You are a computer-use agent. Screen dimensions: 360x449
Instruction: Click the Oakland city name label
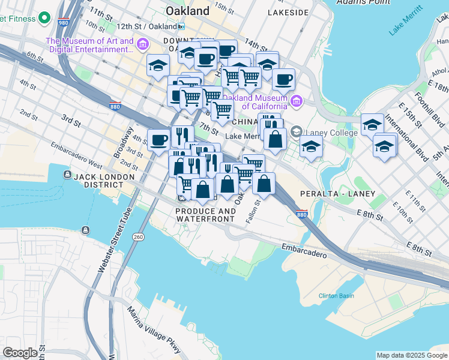pyautogui.click(x=187, y=11)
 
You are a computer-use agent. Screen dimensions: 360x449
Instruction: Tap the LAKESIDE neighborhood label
pyautogui.click(x=288, y=12)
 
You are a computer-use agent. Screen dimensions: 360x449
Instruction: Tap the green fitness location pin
pyautogui.click(x=44, y=18)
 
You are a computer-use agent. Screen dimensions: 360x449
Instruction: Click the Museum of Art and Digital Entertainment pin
pyautogui.click(x=143, y=44)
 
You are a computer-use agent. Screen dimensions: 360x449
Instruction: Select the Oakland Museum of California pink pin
pyautogui.click(x=296, y=101)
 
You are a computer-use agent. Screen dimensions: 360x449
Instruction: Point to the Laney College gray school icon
pyautogui.click(x=296, y=131)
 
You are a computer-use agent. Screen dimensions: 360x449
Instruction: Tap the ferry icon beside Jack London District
pyautogui.click(x=67, y=175)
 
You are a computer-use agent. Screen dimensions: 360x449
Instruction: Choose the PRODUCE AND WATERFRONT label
pyautogui.click(x=206, y=215)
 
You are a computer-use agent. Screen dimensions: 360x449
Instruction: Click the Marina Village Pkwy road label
pyautogui.click(x=154, y=329)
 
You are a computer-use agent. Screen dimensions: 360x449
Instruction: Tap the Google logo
pyautogui.click(x=20, y=353)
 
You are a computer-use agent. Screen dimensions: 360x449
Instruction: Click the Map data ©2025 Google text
pyautogui.click(x=412, y=355)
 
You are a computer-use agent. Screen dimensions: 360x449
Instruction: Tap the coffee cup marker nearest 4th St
pyautogui.click(x=158, y=140)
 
